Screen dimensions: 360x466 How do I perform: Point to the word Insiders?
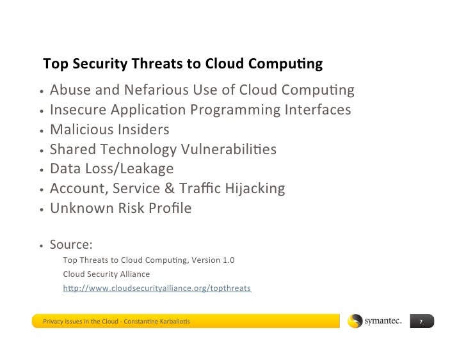[145, 130]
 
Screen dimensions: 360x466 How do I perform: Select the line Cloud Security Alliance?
[106, 274]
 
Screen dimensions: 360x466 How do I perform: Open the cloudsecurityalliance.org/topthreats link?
[157, 288]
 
